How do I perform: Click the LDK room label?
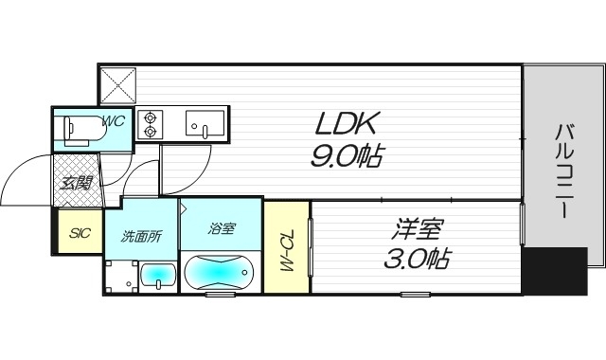345,123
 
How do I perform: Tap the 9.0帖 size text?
346,155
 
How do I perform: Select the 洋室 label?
416,229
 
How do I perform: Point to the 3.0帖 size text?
417,258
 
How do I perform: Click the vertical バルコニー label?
564,171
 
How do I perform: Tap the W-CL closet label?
286,250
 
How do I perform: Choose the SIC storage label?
80,233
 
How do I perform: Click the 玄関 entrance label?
77,183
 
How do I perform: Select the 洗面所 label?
141,236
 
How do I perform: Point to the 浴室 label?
221,228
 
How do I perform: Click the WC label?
114,121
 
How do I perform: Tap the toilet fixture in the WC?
84,131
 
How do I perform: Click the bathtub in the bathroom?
219,272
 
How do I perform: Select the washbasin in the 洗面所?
158,276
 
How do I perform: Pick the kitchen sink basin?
205,124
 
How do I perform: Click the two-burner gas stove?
150,124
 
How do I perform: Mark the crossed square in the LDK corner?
118,85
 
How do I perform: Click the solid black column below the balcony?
555,272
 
